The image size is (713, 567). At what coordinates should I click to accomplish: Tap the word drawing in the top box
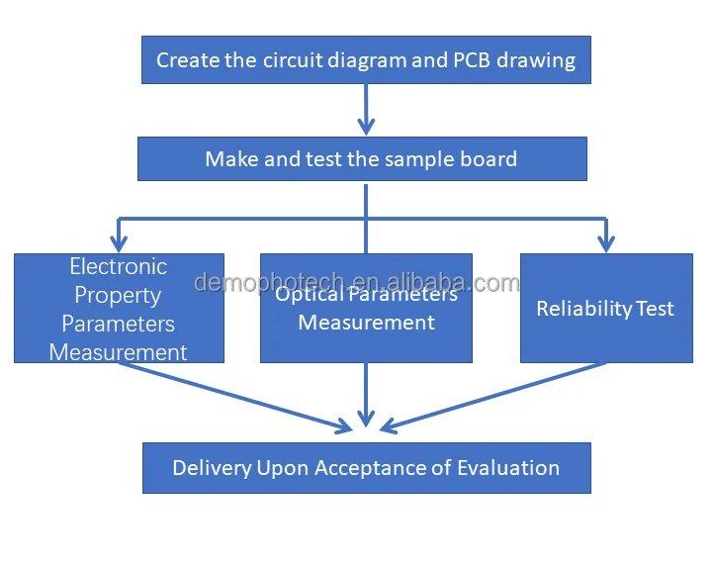[537, 60]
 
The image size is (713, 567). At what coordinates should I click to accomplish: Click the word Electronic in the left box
[119, 266]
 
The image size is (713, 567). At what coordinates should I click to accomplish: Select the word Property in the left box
[119, 295]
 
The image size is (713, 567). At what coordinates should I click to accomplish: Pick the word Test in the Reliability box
[656, 309]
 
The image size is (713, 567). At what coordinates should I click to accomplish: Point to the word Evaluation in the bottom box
[510, 468]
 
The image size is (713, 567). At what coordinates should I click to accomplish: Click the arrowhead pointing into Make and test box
[366, 126]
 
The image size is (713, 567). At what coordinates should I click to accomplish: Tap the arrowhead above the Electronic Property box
[119, 241]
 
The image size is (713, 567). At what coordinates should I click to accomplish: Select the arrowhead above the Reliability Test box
[606, 241]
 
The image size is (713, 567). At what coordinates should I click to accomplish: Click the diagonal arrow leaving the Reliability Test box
[494, 396]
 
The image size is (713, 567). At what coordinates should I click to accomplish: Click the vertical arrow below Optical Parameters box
[366, 396]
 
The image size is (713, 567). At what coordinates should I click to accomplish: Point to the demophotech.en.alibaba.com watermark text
[356, 283]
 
